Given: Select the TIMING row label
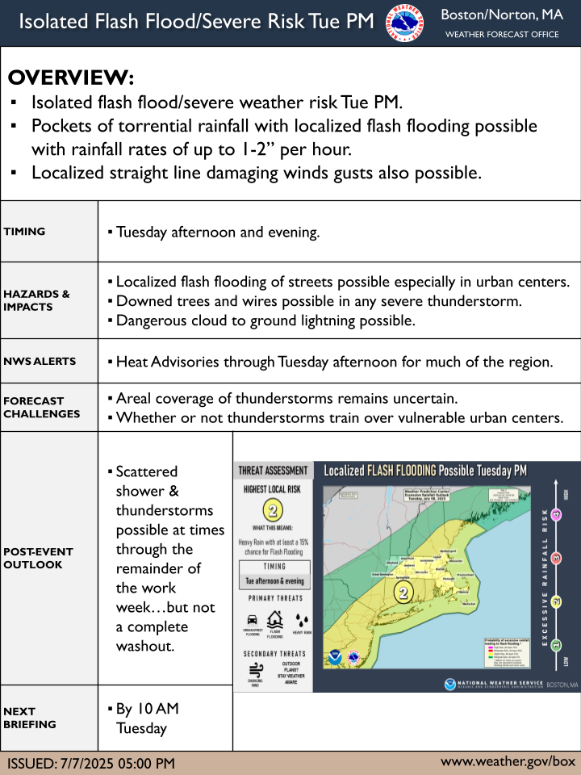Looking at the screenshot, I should point(24,232).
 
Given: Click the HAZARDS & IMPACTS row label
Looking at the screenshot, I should point(36,300).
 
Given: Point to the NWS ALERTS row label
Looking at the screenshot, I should point(40,361).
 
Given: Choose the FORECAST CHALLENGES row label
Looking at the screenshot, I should point(42,407).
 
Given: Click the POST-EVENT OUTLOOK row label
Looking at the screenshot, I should point(38,558).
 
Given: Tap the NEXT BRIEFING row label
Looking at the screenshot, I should point(30,718).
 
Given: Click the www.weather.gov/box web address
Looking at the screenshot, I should point(508,761).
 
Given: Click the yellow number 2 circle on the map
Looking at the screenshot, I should point(402,592).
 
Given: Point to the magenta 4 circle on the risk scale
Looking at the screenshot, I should point(557,515).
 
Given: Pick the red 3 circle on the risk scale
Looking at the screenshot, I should point(557,558).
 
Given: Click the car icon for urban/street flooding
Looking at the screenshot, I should point(253,621).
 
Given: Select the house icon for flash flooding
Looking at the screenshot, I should point(275,619).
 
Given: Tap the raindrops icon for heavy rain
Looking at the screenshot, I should point(301,621).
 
